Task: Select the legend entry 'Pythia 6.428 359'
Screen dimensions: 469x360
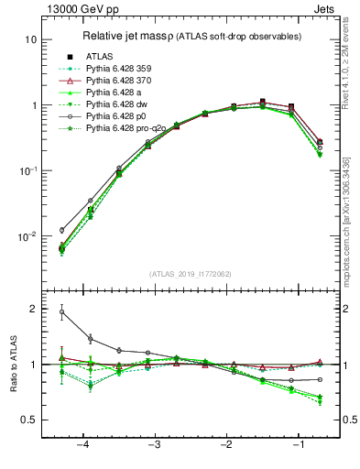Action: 120,69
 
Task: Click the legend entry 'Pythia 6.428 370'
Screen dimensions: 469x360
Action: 120,81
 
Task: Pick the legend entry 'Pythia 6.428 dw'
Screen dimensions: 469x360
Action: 118,104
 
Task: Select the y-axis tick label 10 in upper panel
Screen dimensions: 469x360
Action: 31,39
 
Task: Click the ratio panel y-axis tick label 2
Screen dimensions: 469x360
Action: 33,309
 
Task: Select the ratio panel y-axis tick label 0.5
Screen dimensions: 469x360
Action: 29,420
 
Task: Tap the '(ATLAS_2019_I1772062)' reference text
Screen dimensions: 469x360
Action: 190,274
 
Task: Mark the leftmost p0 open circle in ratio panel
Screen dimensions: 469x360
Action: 62,312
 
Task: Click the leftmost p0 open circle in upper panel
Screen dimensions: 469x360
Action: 62,230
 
